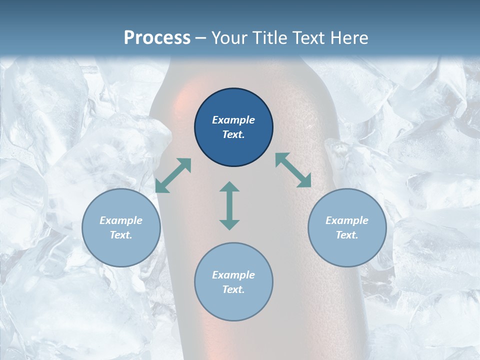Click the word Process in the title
pyautogui.click(x=157, y=38)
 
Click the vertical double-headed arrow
pyautogui.click(x=229, y=205)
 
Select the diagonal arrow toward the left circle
pyautogui.click(x=173, y=175)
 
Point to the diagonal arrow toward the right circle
pyautogui.click(x=293, y=170)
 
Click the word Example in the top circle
pyautogui.click(x=233, y=120)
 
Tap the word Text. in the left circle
pyautogui.click(x=121, y=235)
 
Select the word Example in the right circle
pyautogui.click(x=347, y=220)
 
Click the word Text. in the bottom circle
pyautogui.click(x=233, y=289)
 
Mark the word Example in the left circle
pyautogui.click(x=121, y=220)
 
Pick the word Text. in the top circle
pyautogui.click(x=233, y=134)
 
